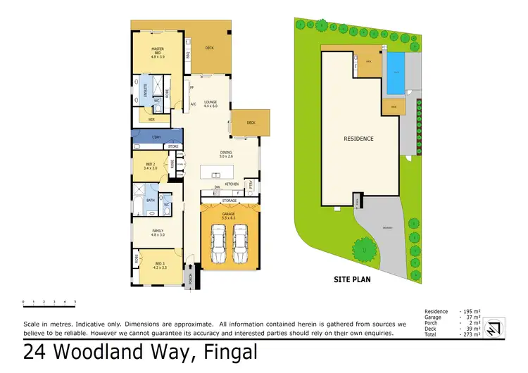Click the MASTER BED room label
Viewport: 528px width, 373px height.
click(x=158, y=51)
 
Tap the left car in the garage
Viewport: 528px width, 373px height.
click(x=217, y=241)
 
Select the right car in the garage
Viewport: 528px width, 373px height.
click(x=240, y=241)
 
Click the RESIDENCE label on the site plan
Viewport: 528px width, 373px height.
click(x=359, y=139)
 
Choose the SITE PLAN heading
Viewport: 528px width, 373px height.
click(x=353, y=279)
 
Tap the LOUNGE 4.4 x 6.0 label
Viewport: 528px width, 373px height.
click(x=210, y=105)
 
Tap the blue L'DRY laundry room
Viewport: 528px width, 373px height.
click(x=156, y=136)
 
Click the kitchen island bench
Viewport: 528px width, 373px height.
click(x=220, y=171)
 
